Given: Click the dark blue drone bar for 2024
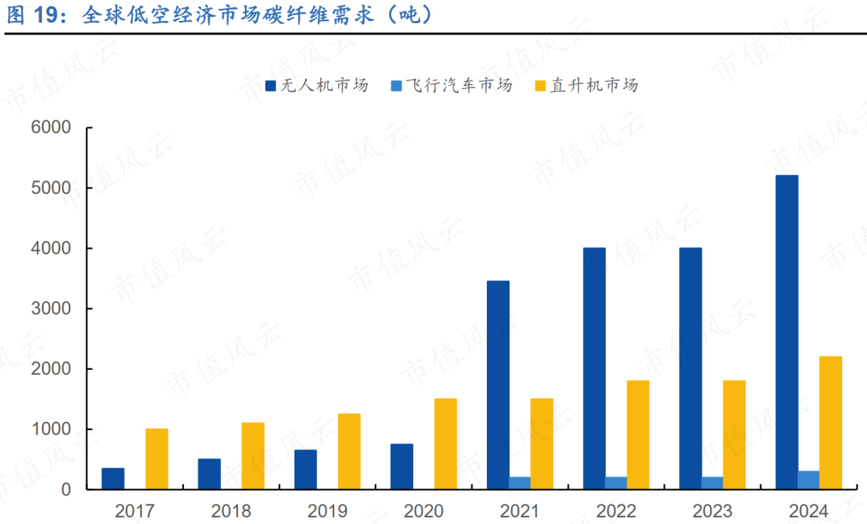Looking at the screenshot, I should click(787, 332).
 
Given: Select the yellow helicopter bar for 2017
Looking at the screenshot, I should click(156, 459).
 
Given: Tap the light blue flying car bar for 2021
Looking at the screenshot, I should click(519, 483).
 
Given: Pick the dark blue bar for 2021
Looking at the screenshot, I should click(498, 385).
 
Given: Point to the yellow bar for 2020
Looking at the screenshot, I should click(446, 444).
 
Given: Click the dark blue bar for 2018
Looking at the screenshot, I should click(210, 474).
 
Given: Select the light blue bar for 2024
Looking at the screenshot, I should click(808, 480).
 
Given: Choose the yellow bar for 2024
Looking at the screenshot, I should click(830, 423).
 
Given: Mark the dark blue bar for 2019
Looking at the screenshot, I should click(306, 469).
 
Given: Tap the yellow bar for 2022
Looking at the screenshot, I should click(638, 435).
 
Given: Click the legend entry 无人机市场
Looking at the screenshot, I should click(316, 86).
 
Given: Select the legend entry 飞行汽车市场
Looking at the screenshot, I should click(451, 86).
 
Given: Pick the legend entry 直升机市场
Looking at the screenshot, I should click(585, 86).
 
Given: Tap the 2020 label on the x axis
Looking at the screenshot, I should click(424, 512).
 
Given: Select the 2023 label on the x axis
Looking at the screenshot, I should click(712, 512).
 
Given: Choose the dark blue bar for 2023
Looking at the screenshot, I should click(690, 368).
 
